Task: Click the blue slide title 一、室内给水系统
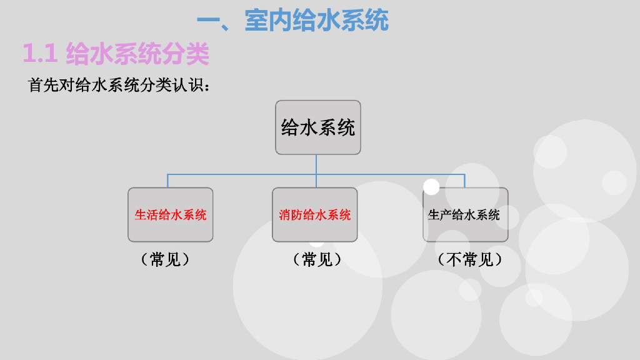point(292,21)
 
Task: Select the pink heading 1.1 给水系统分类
point(116,54)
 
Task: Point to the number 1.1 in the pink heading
point(40,54)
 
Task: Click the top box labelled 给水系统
point(318,127)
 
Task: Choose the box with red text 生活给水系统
point(171,214)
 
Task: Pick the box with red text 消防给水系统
point(315,214)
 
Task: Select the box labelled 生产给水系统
point(465,214)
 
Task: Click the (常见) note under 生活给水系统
point(165,259)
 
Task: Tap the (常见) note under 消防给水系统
point(317,259)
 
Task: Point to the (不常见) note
point(469,259)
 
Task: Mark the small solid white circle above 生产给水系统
point(431,186)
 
